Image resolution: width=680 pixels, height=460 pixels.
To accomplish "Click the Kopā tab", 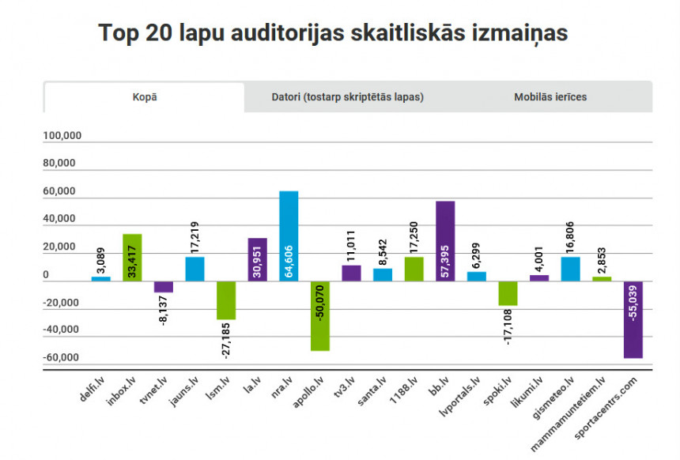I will pos(145,96).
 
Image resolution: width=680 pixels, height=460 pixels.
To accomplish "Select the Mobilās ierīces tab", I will pos(550,96).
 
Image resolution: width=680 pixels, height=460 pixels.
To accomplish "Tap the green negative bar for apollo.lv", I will pos(320,315).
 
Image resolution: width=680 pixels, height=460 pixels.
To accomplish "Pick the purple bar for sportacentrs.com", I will pos(633,319).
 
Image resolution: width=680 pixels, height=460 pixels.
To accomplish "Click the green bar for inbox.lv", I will pos(132,257).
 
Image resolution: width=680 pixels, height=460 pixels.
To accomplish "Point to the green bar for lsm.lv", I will pos(226,300).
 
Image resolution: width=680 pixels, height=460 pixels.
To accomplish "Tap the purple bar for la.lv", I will pos(257,259).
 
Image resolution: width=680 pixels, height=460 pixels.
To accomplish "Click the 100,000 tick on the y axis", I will pos(62,136).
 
